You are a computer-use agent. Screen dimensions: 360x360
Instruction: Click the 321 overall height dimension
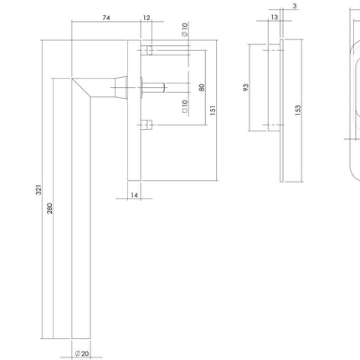point(39,191)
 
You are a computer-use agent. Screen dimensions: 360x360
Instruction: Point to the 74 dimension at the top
point(105,18)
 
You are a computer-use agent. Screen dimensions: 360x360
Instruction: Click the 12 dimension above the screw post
point(147,18)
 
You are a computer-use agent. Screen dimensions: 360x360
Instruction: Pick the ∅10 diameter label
point(184,30)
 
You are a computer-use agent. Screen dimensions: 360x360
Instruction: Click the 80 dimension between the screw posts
point(202,87)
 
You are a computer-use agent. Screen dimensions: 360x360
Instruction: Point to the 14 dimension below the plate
point(135,194)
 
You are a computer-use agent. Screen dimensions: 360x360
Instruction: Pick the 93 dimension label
point(245,86)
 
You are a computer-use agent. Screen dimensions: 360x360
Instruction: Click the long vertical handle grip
point(81,218)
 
